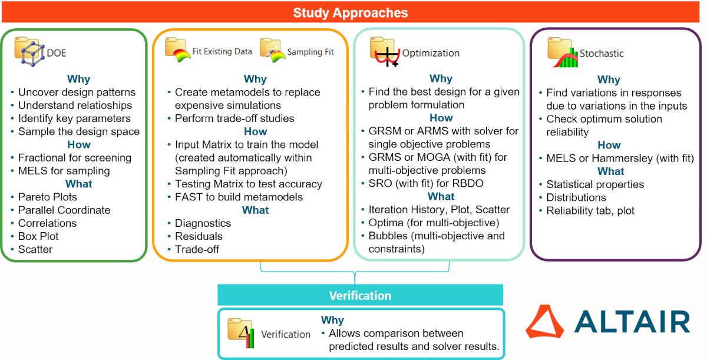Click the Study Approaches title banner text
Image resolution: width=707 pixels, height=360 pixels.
(x=351, y=12)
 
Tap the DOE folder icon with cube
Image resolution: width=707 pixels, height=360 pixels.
(x=27, y=52)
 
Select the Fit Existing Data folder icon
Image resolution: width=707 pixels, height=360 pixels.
(x=178, y=51)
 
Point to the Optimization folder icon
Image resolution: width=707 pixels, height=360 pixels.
(x=385, y=52)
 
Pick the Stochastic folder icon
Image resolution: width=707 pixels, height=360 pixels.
(x=563, y=52)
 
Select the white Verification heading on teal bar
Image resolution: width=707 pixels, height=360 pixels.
(x=360, y=295)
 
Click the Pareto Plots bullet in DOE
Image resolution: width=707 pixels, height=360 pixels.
(x=48, y=197)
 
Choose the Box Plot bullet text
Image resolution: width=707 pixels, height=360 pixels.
(x=38, y=236)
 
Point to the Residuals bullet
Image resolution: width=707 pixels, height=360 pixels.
(x=199, y=236)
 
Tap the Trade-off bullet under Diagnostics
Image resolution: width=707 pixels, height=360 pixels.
(x=197, y=249)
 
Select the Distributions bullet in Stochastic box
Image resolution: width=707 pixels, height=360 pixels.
(x=576, y=197)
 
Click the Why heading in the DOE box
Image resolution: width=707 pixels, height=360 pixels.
(x=78, y=79)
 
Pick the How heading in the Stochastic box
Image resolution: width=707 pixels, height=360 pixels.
(x=609, y=145)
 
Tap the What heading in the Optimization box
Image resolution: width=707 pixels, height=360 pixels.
(x=441, y=196)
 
